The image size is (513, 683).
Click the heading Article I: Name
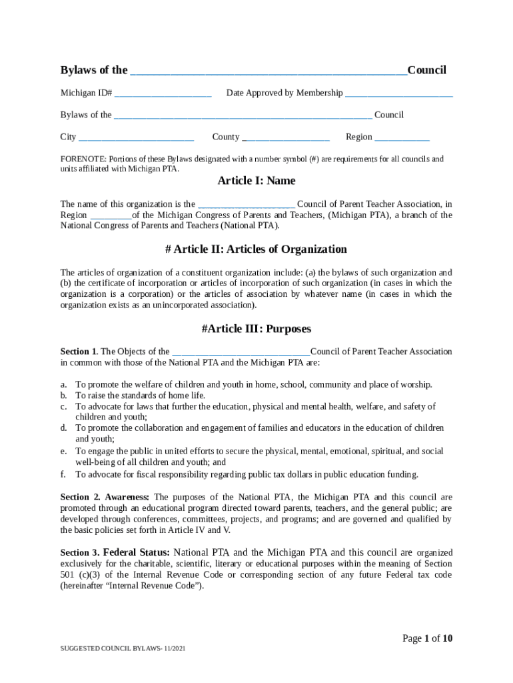click(256, 181)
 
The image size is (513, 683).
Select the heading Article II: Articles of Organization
click(256, 249)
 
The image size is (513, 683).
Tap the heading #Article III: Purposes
click(256, 329)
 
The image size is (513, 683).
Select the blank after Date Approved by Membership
click(398, 93)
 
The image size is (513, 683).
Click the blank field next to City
click(136, 137)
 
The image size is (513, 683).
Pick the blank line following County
click(286, 137)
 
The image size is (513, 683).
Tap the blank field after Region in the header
click(402, 137)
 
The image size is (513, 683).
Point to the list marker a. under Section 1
click(64, 385)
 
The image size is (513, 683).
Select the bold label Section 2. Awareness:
click(105, 498)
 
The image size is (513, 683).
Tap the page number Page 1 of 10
click(427, 639)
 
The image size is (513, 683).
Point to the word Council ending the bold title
click(426, 71)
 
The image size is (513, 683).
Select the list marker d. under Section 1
click(64, 428)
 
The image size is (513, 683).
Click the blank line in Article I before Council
click(247, 204)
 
